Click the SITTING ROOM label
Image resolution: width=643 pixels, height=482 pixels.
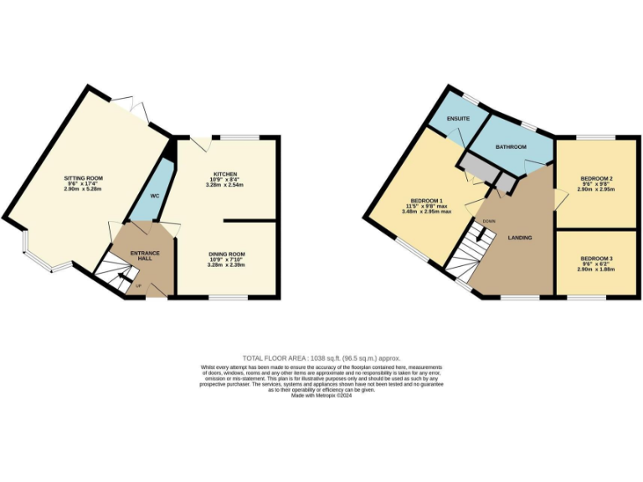click(83, 178)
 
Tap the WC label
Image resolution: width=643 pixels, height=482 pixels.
click(154, 196)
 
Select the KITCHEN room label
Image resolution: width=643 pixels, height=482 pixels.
click(225, 173)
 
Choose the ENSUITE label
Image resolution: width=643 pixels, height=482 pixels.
click(457, 120)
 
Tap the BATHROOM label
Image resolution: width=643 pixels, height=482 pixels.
click(511, 147)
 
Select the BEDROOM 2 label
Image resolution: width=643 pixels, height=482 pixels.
click(597, 179)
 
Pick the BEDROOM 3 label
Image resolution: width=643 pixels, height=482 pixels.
click(597, 258)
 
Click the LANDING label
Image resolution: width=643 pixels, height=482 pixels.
click(520, 238)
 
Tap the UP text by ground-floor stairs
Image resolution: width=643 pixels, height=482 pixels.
click(139, 286)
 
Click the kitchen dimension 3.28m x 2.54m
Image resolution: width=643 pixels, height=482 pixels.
click(225, 189)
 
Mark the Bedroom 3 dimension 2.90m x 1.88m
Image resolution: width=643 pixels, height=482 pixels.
click(597, 269)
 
